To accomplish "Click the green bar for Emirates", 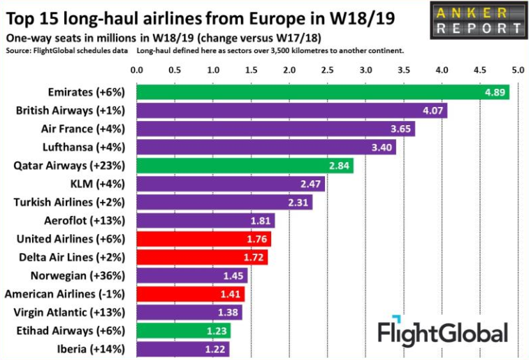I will click(321, 92).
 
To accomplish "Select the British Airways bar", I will click(291, 110).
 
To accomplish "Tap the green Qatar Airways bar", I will click(245, 166).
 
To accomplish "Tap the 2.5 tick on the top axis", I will click(327, 70).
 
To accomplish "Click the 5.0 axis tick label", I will click(517, 70).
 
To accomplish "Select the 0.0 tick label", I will click(137, 70).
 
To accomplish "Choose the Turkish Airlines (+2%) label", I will click(70, 203).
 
